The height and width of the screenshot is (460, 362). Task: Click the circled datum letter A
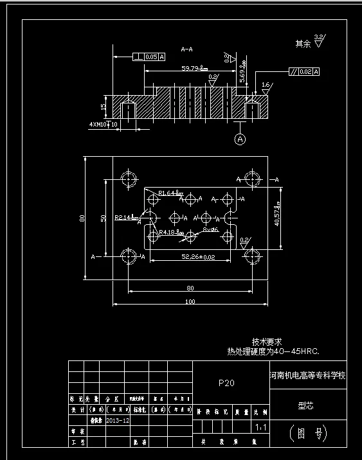(x=240, y=139)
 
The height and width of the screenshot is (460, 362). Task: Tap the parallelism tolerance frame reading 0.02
(x=303, y=71)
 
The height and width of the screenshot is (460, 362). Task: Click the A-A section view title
(x=187, y=49)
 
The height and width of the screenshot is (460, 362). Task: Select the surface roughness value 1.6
(x=266, y=84)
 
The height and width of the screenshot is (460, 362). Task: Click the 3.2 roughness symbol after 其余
(x=320, y=41)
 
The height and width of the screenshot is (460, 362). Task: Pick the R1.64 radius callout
(x=170, y=192)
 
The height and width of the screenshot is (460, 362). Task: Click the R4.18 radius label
(x=172, y=232)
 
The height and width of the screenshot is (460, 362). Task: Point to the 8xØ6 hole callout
(x=210, y=229)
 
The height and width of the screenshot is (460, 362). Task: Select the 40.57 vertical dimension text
(x=277, y=216)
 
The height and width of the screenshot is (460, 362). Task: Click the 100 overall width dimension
(x=190, y=301)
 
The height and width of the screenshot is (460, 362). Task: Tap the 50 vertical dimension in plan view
(x=103, y=218)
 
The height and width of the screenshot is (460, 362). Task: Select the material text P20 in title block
(x=226, y=383)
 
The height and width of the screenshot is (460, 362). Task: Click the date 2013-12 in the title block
(x=118, y=420)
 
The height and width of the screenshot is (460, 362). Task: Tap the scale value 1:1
(x=260, y=427)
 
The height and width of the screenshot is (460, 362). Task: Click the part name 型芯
(x=305, y=405)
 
